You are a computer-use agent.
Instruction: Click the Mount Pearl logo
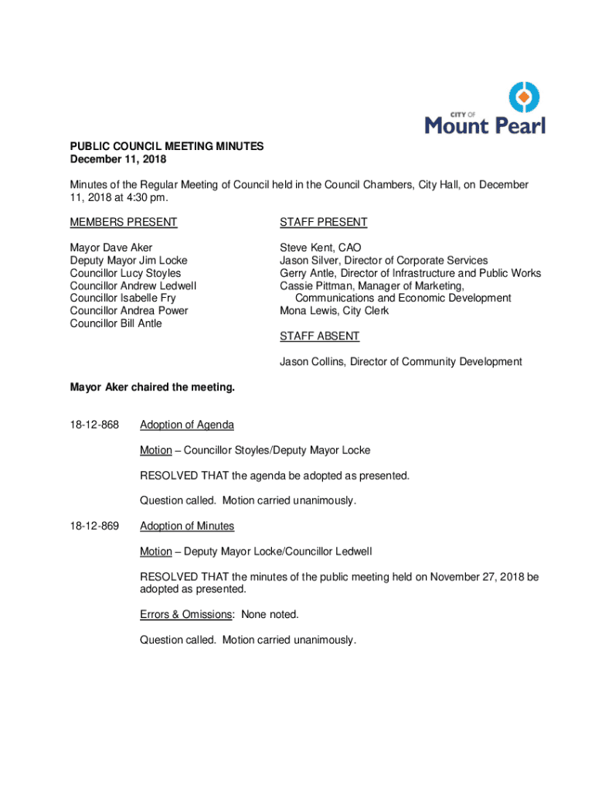click(486, 109)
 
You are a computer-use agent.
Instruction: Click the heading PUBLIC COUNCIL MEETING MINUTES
click(167, 146)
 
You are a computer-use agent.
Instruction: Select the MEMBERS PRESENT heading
click(124, 223)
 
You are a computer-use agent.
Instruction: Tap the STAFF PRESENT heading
click(323, 223)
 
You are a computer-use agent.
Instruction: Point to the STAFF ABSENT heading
click(319, 336)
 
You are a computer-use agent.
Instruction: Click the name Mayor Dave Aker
click(111, 248)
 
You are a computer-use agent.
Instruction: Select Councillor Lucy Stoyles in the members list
click(125, 273)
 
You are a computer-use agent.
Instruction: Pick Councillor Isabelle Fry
click(123, 298)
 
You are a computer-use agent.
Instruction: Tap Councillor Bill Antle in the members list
click(116, 323)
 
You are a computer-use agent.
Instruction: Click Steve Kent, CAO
click(320, 248)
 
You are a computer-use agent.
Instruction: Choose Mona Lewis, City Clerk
click(334, 311)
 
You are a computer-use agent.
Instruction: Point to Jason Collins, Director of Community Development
click(400, 361)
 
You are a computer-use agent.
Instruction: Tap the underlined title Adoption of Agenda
click(187, 425)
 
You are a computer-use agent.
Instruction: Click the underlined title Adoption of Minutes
click(187, 526)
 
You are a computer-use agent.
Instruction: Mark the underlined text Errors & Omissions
click(186, 614)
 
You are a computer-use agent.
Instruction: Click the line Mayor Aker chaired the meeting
click(152, 387)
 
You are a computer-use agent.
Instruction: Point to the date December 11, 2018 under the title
click(118, 159)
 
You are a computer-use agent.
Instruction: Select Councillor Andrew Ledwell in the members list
click(133, 285)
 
